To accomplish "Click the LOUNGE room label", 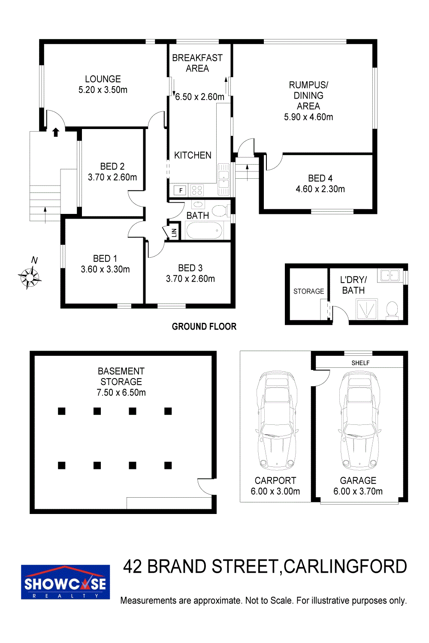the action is [x=103, y=79].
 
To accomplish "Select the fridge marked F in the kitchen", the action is [x=181, y=190].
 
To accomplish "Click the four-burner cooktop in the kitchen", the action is [x=197, y=190].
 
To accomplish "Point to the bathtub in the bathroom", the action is [x=204, y=231].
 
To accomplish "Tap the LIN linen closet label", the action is [x=174, y=232].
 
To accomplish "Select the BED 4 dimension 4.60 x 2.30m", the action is [x=320, y=189].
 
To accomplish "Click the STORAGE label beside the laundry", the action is [x=308, y=291].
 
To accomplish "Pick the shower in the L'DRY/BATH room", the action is [x=367, y=309].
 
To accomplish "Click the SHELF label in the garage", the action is [x=360, y=363].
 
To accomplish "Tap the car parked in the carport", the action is [x=276, y=421].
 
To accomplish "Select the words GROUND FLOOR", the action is [x=204, y=326].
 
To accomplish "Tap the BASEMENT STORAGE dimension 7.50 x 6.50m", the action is [x=121, y=392].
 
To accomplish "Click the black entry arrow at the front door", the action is [x=56, y=132].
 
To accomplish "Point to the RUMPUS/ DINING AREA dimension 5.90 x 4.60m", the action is [x=308, y=117].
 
